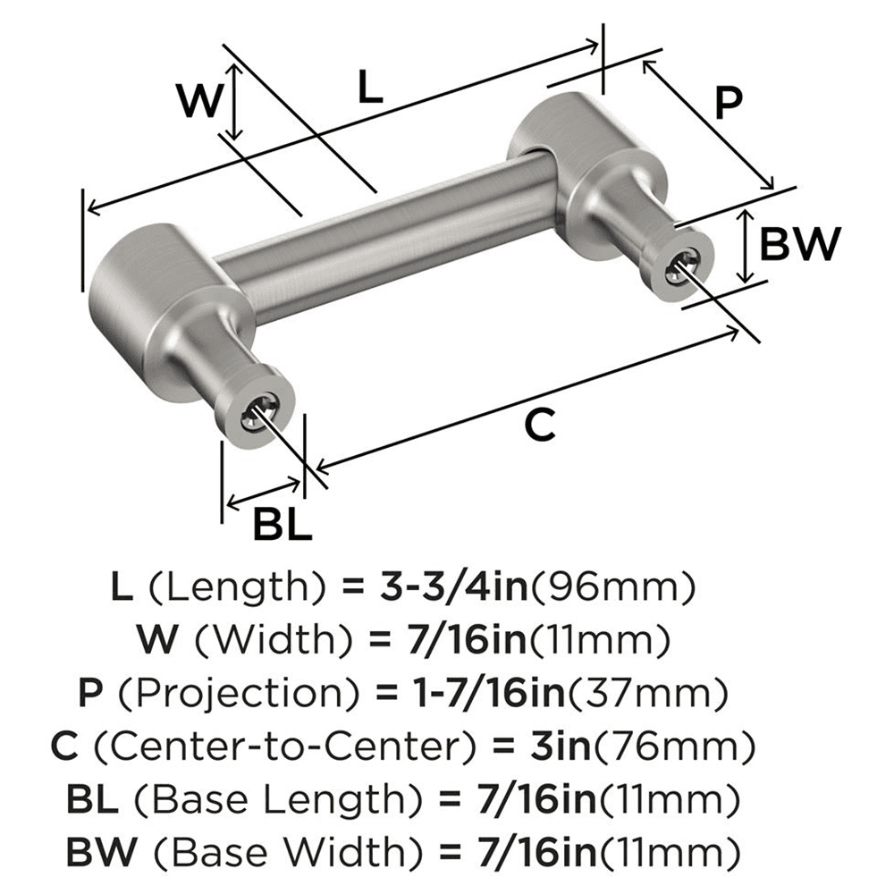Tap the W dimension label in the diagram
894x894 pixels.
click(x=198, y=100)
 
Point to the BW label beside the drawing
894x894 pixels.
click(x=800, y=242)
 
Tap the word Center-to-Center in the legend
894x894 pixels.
click(x=253, y=744)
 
